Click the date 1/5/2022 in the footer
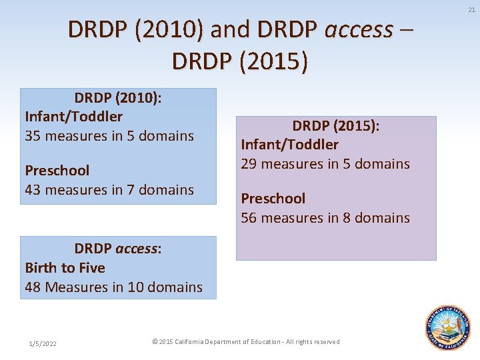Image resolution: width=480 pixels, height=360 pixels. (x=43, y=343)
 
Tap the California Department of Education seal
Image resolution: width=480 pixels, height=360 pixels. (x=449, y=328)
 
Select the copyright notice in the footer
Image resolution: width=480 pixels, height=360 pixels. (x=246, y=342)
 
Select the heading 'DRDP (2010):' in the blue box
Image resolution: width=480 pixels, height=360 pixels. (x=118, y=98)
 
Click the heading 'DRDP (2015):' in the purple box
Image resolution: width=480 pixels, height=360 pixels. (x=335, y=126)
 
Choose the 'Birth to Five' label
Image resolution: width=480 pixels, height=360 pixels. (x=65, y=268)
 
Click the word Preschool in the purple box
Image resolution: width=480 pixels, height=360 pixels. (x=273, y=199)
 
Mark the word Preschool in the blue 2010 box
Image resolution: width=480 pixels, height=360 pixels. (x=57, y=171)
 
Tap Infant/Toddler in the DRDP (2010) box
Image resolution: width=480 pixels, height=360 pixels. (x=73, y=117)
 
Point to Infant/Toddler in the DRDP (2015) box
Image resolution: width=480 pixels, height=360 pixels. (x=289, y=145)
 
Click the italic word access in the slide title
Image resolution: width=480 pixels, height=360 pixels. (x=359, y=29)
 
